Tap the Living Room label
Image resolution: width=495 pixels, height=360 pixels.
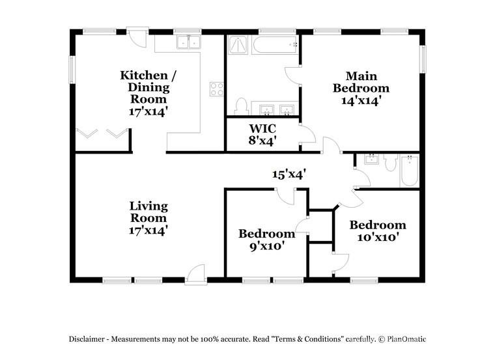[x=148, y=217]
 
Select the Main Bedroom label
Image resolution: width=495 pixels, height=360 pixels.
[x=361, y=88]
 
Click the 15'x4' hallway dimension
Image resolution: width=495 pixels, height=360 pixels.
[x=289, y=174]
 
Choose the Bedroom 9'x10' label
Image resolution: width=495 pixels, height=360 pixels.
[x=266, y=239]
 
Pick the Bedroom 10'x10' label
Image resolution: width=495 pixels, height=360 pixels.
[x=378, y=230]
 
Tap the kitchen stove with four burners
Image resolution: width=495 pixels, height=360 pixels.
[x=216, y=89]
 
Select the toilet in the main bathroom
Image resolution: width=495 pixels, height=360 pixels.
[x=241, y=106]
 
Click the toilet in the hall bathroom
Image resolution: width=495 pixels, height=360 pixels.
[x=391, y=162]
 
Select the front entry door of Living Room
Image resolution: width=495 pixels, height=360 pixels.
[x=195, y=275]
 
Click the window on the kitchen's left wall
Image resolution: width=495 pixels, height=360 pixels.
[x=72, y=68]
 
